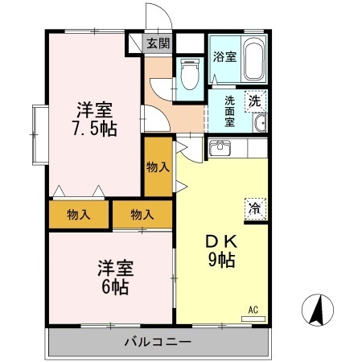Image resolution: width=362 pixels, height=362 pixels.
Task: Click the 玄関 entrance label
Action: tap(158, 43)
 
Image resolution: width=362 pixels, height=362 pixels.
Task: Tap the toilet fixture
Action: tap(190, 74)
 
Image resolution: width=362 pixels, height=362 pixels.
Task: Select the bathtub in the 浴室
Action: tap(254, 60)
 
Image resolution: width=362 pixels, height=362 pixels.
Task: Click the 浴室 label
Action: tap(224, 56)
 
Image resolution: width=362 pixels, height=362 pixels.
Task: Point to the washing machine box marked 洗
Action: tap(255, 101)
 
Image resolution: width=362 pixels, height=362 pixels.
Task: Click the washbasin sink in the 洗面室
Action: tap(260, 123)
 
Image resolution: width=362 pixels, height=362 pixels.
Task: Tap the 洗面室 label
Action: tap(229, 111)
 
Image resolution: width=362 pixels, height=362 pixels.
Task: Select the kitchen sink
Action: tap(220, 148)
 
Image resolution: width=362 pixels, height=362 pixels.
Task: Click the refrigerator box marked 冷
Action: tap(255, 208)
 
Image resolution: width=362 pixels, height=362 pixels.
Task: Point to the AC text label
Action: tap(253, 310)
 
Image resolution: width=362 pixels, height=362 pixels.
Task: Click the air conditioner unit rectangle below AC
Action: tap(253, 319)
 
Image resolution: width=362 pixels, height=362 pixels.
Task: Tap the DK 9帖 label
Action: tap(222, 251)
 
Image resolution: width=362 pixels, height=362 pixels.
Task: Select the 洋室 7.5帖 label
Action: tap(95, 119)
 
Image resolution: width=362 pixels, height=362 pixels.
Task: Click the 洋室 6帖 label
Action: tap(116, 277)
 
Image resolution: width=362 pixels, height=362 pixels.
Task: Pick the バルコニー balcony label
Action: tap(158, 342)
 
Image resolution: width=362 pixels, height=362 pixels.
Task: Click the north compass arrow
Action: tap(317, 309)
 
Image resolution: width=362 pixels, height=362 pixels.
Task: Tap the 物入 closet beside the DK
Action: tap(158, 167)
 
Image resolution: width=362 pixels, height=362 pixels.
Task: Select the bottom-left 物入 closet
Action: tap(79, 215)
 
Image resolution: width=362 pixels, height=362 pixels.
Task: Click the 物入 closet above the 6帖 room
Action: tap(142, 215)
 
